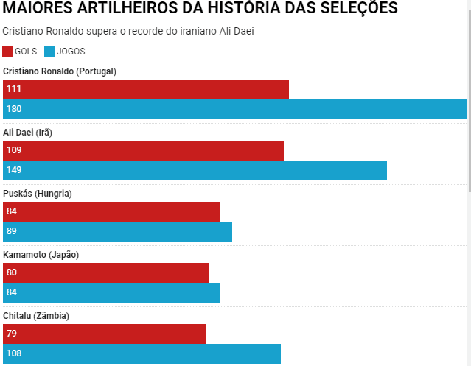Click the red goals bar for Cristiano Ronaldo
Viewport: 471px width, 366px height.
tap(146, 89)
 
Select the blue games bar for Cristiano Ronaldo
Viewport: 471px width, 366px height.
tap(234, 109)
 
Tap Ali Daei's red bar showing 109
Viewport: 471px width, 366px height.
tap(143, 150)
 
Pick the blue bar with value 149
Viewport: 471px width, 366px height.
tap(195, 170)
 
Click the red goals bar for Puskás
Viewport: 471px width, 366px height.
tap(111, 211)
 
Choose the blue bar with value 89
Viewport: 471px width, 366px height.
tap(117, 231)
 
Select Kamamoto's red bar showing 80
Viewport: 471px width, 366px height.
tap(106, 272)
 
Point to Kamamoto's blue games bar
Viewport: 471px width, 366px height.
tap(111, 292)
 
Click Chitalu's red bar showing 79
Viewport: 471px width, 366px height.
tap(105, 334)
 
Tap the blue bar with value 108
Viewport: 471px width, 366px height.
tap(142, 353)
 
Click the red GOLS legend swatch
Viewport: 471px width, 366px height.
tap(7, 52)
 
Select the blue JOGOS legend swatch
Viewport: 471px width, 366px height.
tap(49, 52)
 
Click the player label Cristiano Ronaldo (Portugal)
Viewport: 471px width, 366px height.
tap(60, 71)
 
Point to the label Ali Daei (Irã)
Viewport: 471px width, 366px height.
tap(27, 132)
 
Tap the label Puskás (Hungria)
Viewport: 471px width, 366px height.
tap(37, 193)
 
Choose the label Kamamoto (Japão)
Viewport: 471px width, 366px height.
tap(41, 254)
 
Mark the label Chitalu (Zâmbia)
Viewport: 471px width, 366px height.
tap(36, 315)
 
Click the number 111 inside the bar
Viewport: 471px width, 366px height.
tap(14, 89)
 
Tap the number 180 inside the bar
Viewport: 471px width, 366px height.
tap(14, 109)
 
